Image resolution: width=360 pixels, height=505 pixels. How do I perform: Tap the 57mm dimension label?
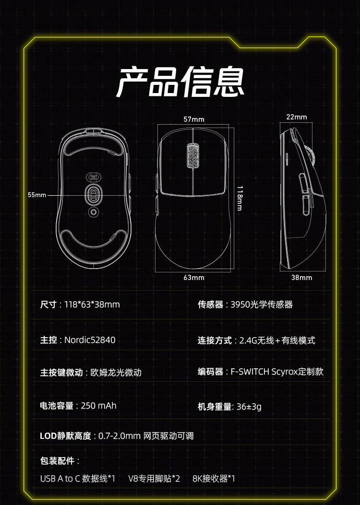(x=194, y=119)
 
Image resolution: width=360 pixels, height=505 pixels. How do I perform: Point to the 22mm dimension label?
(x=297, y=117)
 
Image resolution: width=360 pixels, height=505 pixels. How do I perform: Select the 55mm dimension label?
(x=37, y=195)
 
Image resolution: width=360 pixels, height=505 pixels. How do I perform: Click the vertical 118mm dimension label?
(x=240, y=198)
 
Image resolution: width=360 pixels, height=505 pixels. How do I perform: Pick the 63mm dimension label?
(x=194, y=278)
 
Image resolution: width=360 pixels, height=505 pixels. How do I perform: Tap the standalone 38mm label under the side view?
(x=301, y=278)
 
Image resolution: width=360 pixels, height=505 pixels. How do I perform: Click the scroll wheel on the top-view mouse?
(x=192, y=156)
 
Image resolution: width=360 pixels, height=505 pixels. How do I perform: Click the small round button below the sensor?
(x=94, y=211)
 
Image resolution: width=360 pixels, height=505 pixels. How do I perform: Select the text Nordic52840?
(x=90, y=340)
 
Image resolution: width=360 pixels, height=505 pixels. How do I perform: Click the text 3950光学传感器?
(x=262, y=305)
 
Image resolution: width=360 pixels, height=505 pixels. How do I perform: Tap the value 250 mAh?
(x=99, y=406)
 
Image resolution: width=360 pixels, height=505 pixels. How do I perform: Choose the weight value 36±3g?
(x=249, y=407)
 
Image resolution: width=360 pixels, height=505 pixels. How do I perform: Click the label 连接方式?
(x=215, y=341)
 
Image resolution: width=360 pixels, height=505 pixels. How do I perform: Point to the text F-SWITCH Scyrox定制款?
(x=277, y=372)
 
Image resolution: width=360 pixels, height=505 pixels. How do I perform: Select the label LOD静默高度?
(x=65, y=436)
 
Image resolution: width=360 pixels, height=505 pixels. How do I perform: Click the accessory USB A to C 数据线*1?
(x=78, y=479)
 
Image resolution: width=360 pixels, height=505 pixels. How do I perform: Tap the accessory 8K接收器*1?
(x=214, y=479)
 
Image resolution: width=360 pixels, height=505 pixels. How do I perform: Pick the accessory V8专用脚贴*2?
(x=154, y=479)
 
